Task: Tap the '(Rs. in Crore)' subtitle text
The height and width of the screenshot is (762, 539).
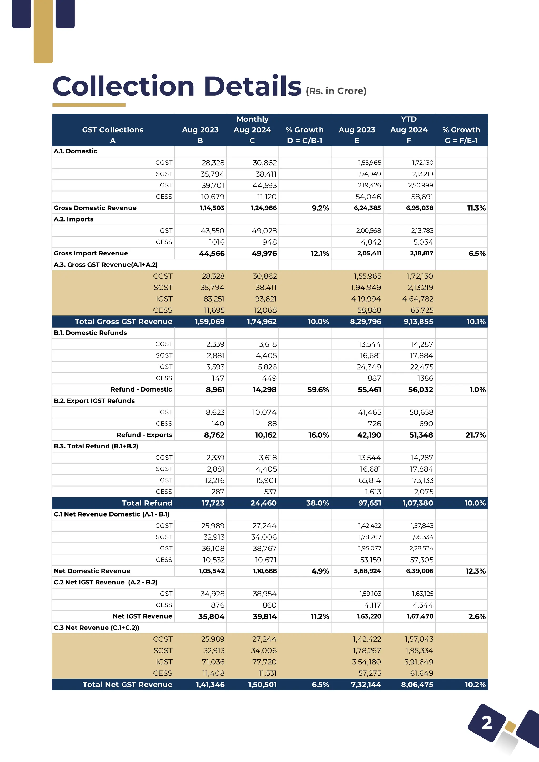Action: coord(336,91)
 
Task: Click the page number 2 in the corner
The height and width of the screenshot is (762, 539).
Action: coord(487,723)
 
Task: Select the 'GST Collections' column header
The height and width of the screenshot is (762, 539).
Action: coord(113,130)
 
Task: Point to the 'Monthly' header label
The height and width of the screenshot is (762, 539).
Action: coord(253,119)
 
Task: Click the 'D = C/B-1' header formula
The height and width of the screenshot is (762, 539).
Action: coord(305,141)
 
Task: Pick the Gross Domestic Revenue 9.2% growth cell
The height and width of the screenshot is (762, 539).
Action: coord(320,208)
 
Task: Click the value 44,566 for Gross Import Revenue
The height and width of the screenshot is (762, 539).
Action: coord(212,254)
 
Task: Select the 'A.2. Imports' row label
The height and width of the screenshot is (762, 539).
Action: coord(74,219)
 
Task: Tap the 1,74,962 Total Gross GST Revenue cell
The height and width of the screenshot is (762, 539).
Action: coord(262,322)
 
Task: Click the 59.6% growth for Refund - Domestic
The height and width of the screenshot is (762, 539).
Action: coord(318,390)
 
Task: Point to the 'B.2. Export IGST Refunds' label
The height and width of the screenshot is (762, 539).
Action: coord(94,401)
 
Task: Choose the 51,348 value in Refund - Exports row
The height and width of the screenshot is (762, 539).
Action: coord(421,435)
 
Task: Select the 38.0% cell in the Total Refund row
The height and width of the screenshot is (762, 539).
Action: coord(317,503)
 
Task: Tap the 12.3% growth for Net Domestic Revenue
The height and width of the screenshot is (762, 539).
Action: coord(475,571)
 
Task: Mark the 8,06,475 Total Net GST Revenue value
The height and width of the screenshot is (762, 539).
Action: coord(417,685)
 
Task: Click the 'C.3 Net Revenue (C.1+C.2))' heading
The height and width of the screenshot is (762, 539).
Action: coord(97,628)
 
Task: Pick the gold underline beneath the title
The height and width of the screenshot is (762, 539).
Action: coord(89,105)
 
